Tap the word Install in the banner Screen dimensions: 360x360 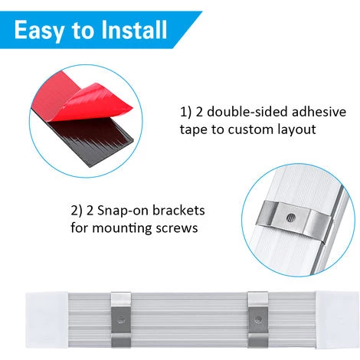134,29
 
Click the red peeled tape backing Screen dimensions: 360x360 84,97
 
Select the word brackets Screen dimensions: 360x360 179,211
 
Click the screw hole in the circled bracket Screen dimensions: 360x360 291,218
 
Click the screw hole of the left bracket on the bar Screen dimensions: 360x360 121,319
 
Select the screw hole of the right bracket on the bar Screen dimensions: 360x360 258,319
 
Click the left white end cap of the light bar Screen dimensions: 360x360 47,320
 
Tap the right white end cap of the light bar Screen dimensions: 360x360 337,320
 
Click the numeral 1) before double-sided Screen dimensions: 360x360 185,112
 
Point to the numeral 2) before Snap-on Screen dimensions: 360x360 77,211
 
